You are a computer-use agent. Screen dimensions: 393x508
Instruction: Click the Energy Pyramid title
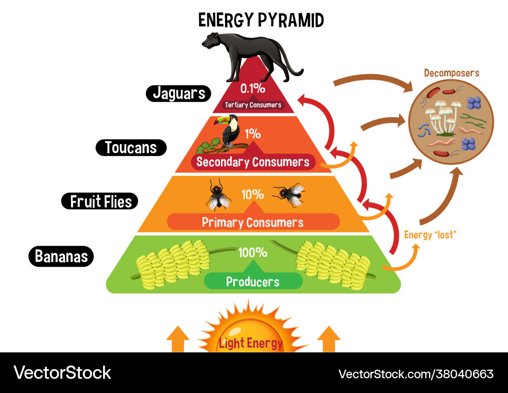point(261,20)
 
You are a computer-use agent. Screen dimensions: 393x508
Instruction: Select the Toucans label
point(131,148)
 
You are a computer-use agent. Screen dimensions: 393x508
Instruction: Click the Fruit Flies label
point(100,201)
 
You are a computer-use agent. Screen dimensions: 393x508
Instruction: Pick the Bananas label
point(61,256)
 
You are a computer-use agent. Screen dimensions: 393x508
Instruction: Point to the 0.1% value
point(252,88)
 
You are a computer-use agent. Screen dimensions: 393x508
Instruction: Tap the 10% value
point(252,194)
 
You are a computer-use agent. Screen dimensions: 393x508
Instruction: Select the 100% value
point(252,252)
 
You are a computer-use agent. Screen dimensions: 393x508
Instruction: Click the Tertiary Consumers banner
point(253,105)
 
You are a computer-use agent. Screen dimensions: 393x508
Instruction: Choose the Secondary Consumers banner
point(252,162)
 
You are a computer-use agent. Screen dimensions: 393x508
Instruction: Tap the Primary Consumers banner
point(252,222)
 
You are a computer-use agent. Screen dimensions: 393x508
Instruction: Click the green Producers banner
point(252,281)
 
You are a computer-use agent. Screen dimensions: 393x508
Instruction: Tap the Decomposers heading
point(452,73)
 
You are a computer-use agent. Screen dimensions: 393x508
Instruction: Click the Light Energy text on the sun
point(250,343)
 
